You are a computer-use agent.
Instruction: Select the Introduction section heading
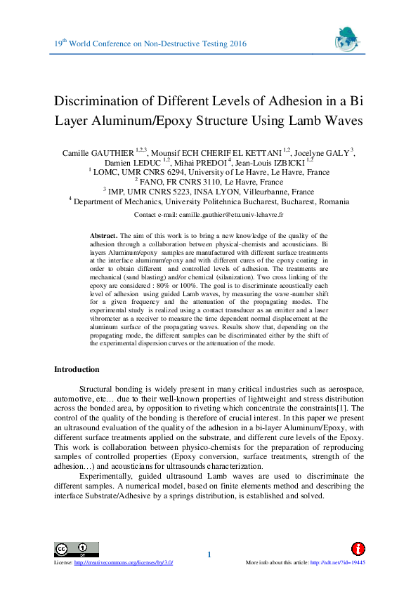click(x=77, y=369)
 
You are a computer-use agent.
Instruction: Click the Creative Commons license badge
click(x=70, y=548)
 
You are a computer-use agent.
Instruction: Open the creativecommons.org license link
click(x=124, y=563)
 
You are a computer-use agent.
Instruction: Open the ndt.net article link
click(x=337, y=563)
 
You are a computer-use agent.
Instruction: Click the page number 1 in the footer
click(x=209, y=556)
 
